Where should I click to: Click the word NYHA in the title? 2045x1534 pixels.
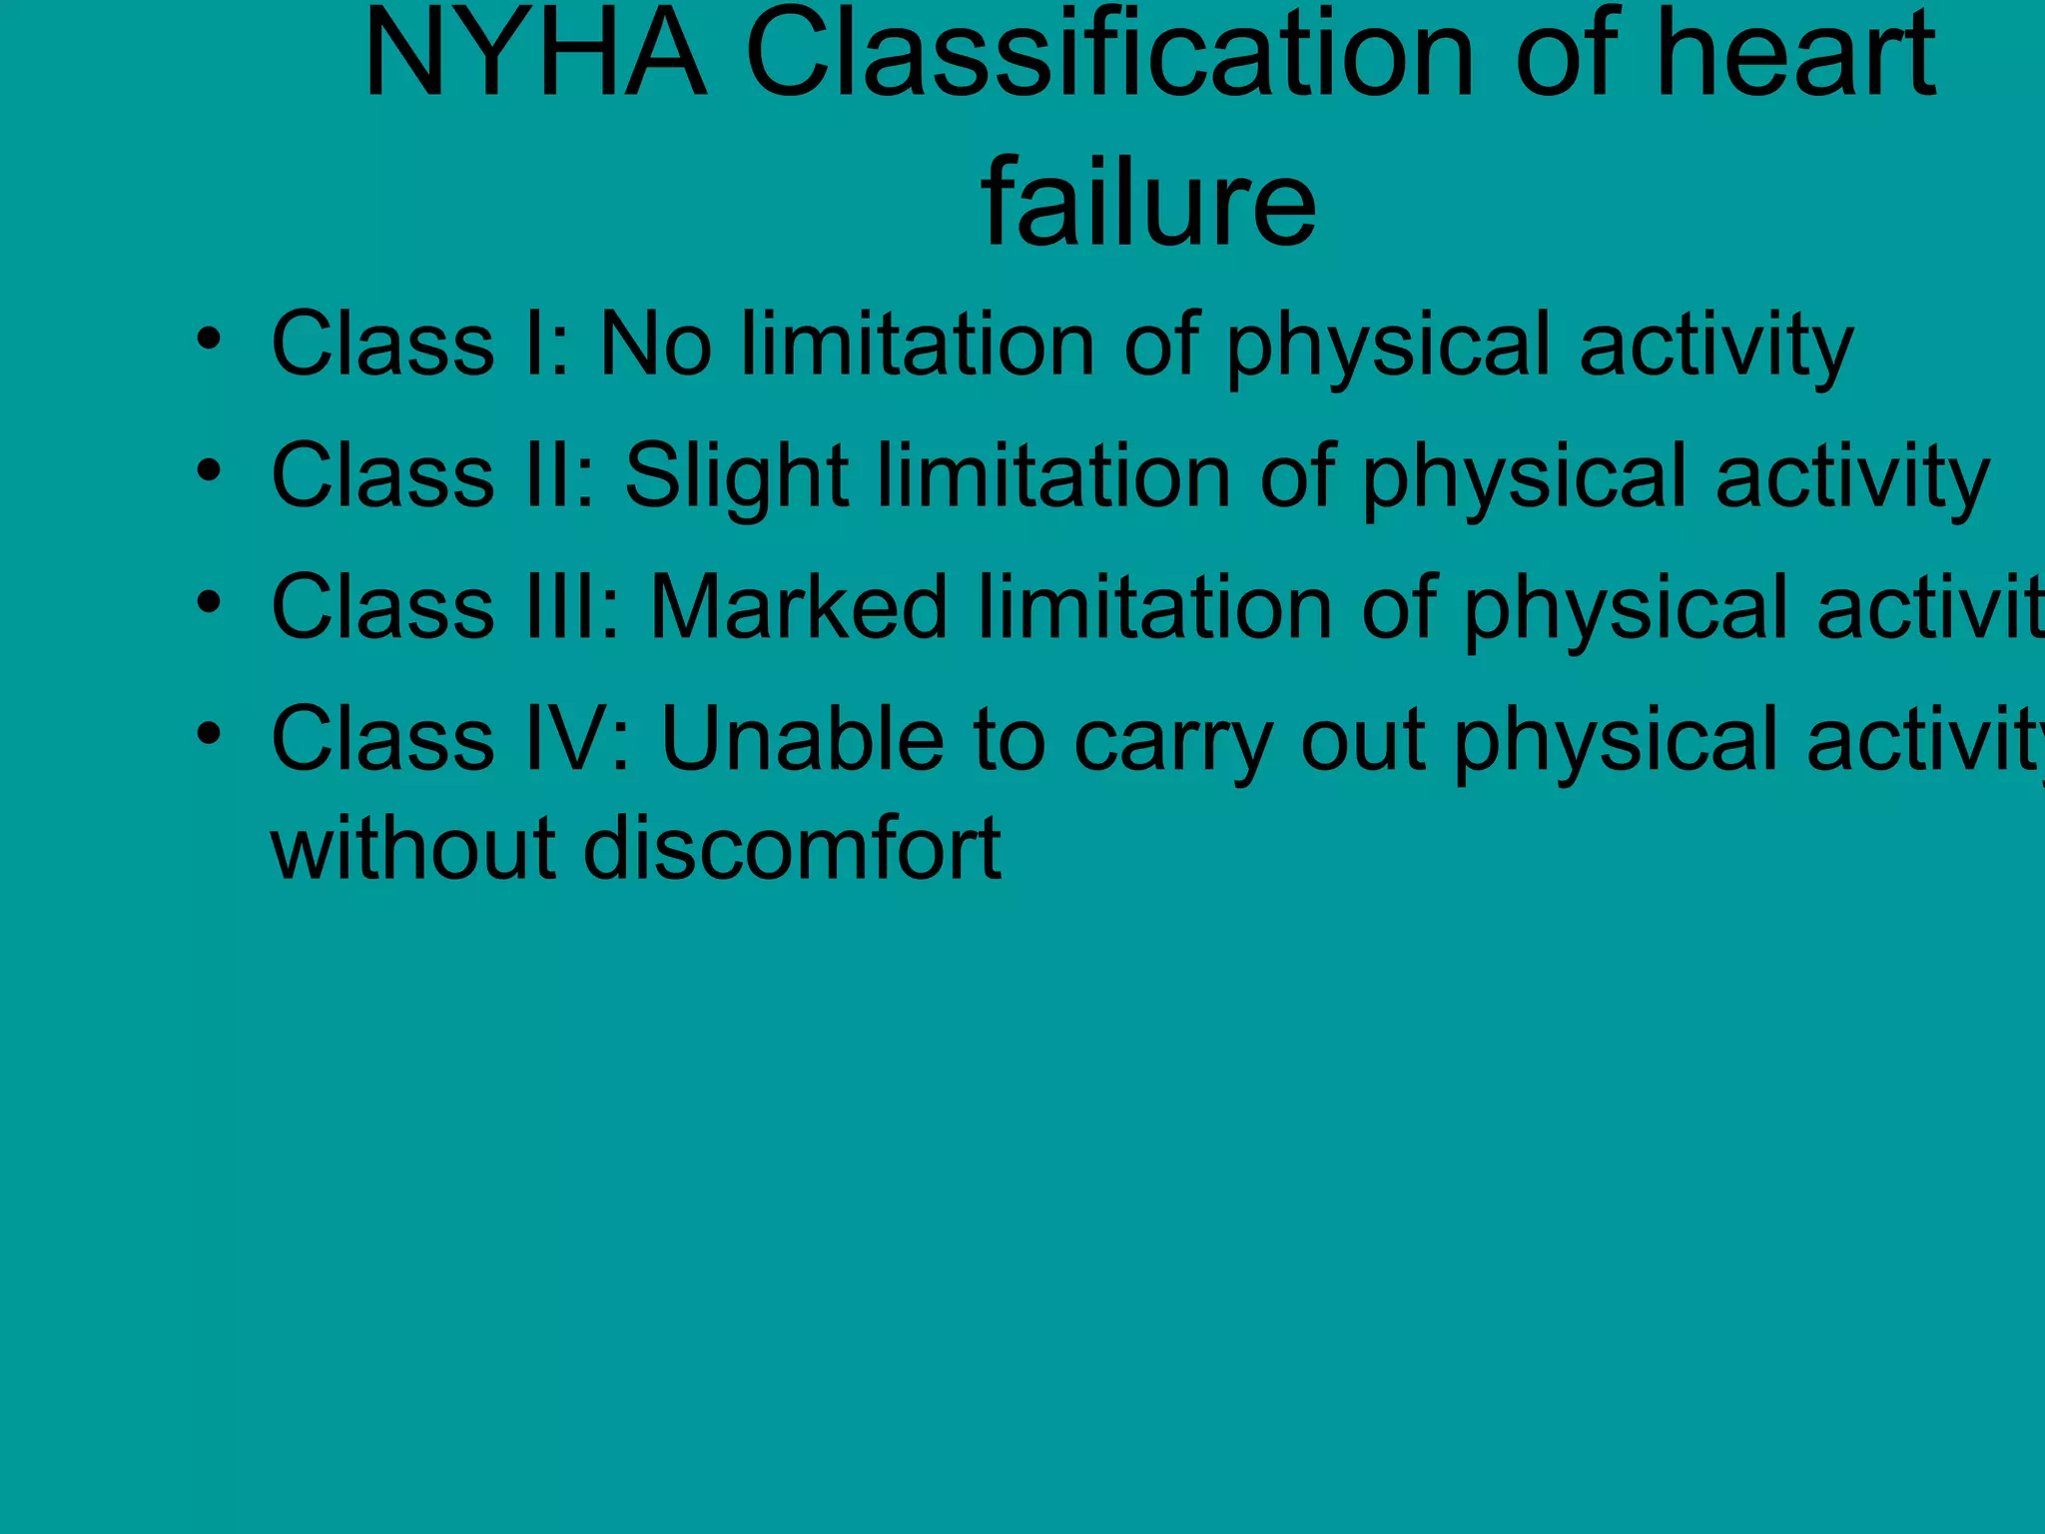536,55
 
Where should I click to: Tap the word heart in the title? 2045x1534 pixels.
1795,55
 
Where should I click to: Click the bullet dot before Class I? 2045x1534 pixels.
208,340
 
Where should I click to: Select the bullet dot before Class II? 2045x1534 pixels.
208,470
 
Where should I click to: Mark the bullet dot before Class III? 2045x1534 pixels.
208,602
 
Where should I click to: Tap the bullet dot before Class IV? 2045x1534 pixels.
208,734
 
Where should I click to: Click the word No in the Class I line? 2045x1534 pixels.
655,345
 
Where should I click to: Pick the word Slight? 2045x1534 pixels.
737,477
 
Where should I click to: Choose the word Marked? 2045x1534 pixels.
799,607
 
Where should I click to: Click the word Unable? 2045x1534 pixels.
802,740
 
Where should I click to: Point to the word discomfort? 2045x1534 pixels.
792,849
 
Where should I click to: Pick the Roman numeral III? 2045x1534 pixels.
572,607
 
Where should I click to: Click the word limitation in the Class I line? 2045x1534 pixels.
918,345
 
